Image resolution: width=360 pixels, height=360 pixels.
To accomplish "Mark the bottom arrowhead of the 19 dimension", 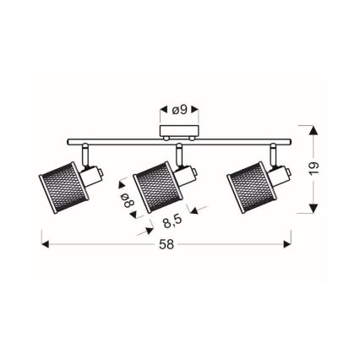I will click(312, 210).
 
